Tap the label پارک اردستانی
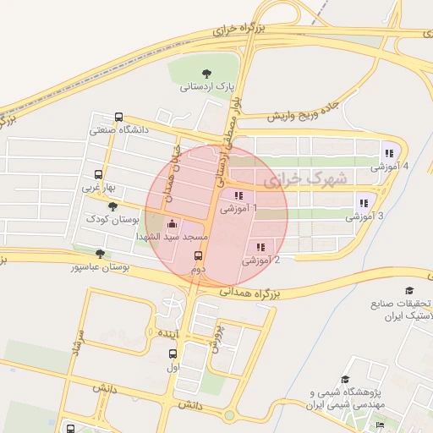pos(206,86)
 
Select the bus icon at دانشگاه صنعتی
pos(118,118)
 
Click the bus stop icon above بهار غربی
pos(99,174)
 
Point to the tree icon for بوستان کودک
pos(112,206)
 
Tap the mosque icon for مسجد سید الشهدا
pos(173,224)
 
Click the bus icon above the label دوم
pos(198,255)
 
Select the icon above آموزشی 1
pos(238,196)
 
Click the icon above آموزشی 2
pos(260,247)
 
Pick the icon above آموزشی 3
pos(364,203)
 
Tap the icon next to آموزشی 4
pos(388,153)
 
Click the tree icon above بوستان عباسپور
pos(101,253)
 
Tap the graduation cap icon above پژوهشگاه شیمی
pos(345,380)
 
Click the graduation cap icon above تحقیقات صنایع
pos(410,290)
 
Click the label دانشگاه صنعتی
pos(119,130)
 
